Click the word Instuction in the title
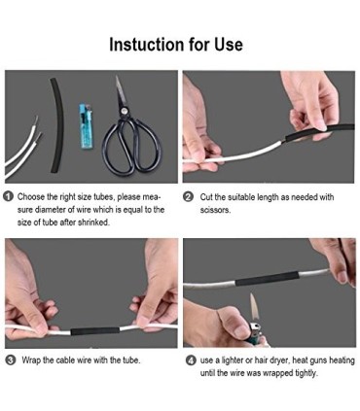pos(147,45)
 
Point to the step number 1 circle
pos(9,196)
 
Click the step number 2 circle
pos(188,196)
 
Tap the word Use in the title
pos(227,45)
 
